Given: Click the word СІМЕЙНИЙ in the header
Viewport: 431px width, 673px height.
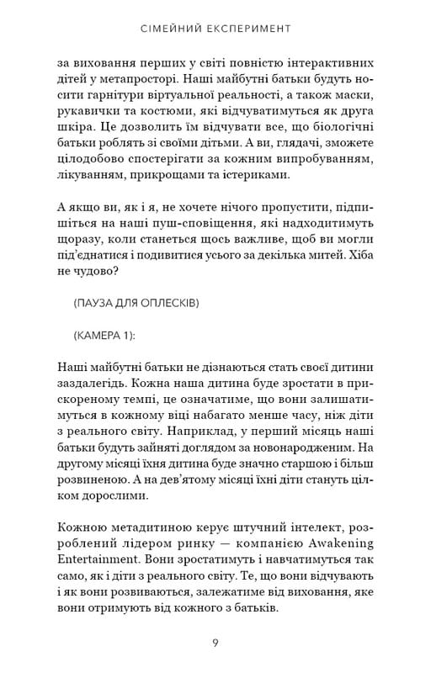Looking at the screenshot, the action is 174,29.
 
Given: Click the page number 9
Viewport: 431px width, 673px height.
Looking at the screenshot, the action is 215,646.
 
